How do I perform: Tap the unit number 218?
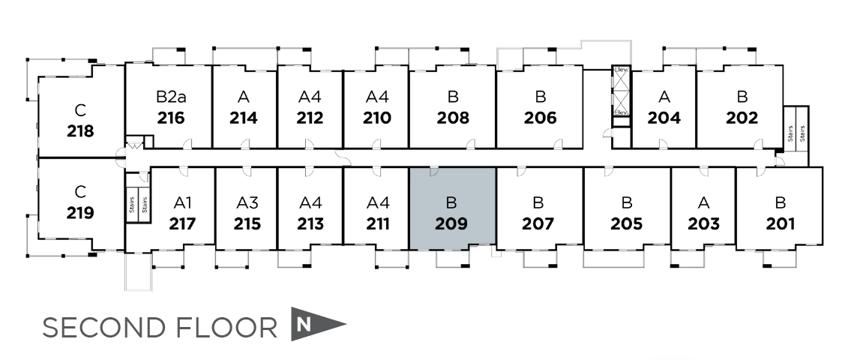(80, 131)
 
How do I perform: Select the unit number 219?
(80, 213)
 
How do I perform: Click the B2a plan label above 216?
(169, 97)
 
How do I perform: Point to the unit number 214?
(244, 118)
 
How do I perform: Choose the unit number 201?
(781, 223)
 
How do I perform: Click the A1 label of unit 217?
(183, 202)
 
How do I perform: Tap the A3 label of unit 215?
(247, 202)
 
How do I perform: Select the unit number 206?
(540, 118)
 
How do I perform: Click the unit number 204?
(664, 118)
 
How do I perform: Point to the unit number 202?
(742, 118)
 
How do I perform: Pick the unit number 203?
(703, 223)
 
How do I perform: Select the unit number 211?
(378, 223)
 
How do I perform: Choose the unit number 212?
(310, 118)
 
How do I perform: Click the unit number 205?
(626, 223)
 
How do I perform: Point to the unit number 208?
(453, 118)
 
